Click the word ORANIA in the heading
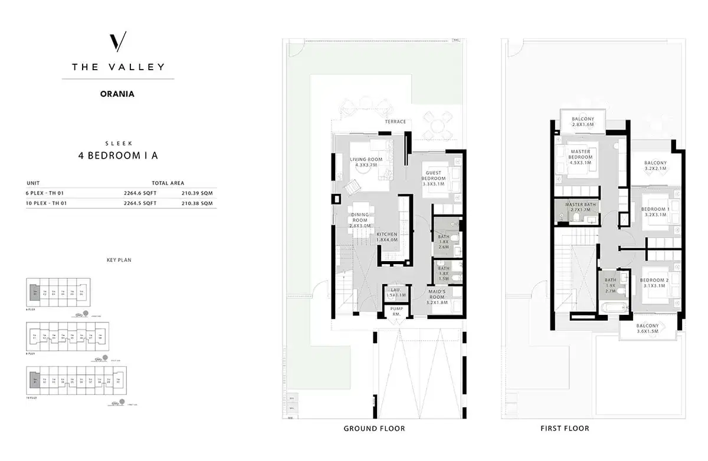point(118,93)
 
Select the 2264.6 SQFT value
point(140,192)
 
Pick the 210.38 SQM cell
point(198,203)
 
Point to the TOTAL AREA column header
point(168,183)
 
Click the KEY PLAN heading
point(117,259)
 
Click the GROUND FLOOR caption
point(374,429)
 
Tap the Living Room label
point(366,162)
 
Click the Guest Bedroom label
point(433,179)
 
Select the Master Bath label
point(581,207)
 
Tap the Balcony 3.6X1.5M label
point(647,328)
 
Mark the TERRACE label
point(395,122)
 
